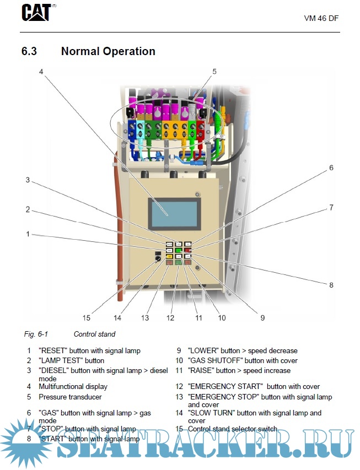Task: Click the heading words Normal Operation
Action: [x=108, y=51]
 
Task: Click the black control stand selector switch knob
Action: [x=158, y=258]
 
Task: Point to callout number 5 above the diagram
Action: [x=214, y=71]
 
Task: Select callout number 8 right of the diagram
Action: [x=331, y=285]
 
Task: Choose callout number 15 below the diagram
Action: [x=86, y=317]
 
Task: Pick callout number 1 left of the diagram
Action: [x=27, y=234]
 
